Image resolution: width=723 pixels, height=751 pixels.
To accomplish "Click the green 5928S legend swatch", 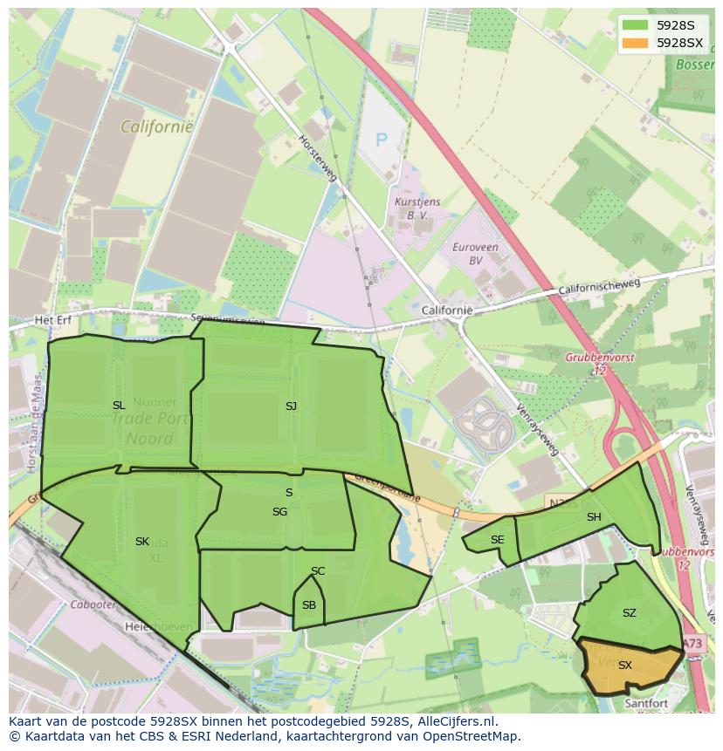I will tap(635, 25).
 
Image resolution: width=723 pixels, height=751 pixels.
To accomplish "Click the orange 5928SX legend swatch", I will tap(635, 43).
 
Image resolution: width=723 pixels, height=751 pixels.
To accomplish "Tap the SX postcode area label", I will tap(624, 666).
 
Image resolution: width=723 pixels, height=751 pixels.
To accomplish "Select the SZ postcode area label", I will tap(629, 613).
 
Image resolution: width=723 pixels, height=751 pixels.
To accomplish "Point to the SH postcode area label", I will tap(594, 517).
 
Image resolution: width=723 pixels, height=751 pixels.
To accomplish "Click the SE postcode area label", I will tap(497, 540).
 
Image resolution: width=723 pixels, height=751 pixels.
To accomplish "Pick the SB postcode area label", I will tap(309, 605).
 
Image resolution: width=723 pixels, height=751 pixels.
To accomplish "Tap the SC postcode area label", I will tap(318, 571).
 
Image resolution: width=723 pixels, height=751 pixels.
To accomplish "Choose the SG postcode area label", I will tap(279, 512).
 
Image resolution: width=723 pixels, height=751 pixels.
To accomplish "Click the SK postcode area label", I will tap(142, 542).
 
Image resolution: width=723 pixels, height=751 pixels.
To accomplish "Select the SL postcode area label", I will tap(119, 406).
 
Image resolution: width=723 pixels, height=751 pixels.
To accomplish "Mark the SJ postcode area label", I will tap(291, 406).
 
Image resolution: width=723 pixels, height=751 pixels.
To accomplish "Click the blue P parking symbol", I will tap(381, 139).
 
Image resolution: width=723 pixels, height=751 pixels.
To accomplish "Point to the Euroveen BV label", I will tap(475, 253).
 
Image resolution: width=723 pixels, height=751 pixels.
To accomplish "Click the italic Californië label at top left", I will tap(157, 126).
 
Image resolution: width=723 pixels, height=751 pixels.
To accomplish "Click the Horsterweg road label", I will tap(313, 153).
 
